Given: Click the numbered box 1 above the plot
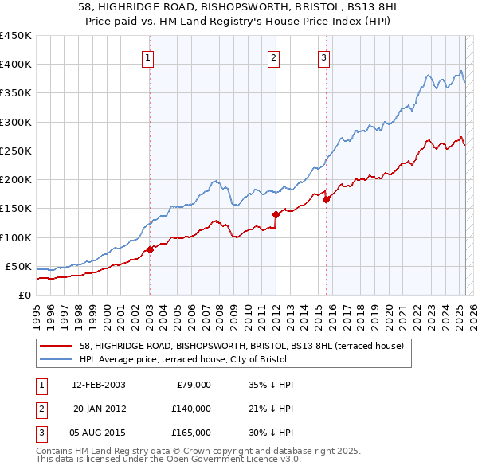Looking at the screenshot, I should (x=149, y=57).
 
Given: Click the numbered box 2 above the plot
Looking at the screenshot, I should (x=273, y=57).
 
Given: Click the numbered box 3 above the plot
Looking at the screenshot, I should (x=324, y=57).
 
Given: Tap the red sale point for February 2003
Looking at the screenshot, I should (x=150, y=249).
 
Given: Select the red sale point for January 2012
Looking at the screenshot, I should (x=276, y=214).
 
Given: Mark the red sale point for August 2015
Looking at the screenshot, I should (x=326, y=200).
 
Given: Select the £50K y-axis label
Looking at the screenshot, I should (x=19, y=266).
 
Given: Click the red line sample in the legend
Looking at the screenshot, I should (x=57, y=346).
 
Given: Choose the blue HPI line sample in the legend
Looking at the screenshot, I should (x=57, y=359).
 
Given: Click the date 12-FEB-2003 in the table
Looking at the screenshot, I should (x=99, y=385).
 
